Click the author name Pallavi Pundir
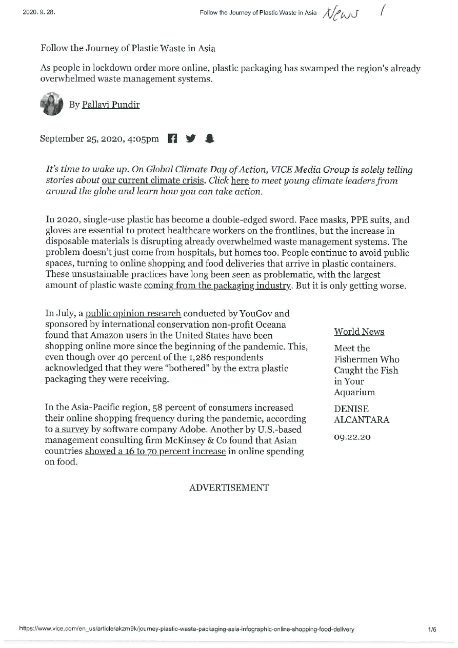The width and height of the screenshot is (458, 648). pos(111,105)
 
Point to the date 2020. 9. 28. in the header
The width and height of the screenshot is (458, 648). pos(38,13)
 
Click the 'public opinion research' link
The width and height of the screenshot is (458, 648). pos(133,313)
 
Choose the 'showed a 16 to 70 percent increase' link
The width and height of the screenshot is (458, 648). pos(155,452)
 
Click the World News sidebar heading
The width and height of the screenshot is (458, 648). pos(359,332)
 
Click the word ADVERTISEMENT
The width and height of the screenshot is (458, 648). pos(229,488)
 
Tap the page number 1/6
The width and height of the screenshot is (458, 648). pos(432,630)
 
